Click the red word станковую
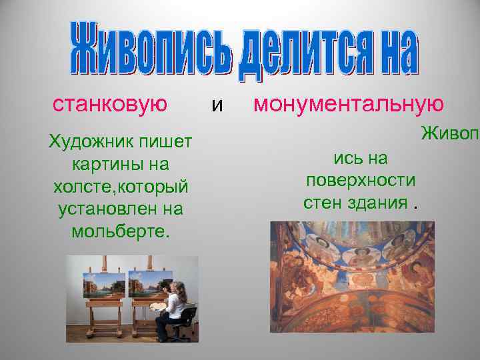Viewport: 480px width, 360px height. (109, 104)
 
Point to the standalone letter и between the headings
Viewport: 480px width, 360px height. (213, 105)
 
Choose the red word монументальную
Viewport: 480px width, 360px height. (349, 104)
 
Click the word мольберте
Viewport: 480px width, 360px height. (121, 231)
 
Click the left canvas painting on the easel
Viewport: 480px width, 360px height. (104, 285)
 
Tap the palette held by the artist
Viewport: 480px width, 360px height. (159, 307)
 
